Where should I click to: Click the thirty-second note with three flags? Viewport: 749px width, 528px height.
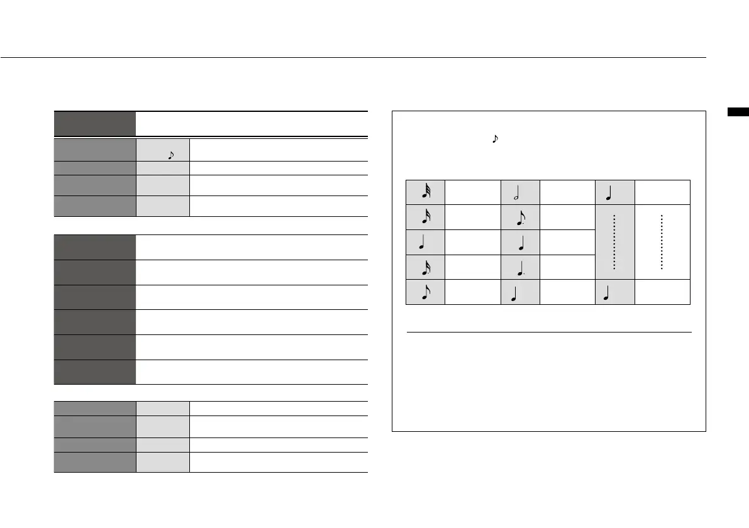(425, 192)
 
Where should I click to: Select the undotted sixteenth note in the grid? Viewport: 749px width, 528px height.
(425, 217)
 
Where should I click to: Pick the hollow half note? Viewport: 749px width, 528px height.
(520, 192)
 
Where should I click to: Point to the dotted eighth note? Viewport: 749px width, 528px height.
(520, 217)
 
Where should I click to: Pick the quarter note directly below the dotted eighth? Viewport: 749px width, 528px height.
(520, 243)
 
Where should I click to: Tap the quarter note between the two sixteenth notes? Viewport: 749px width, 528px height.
(425, 243)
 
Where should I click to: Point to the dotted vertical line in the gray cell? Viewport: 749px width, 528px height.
(614, 242)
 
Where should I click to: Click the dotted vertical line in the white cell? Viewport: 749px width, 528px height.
(662, 242)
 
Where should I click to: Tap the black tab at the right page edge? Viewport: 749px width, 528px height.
(738, 113)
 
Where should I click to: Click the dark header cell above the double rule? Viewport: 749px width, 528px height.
(95, 123)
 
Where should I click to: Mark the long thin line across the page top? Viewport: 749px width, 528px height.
(352, 58)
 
